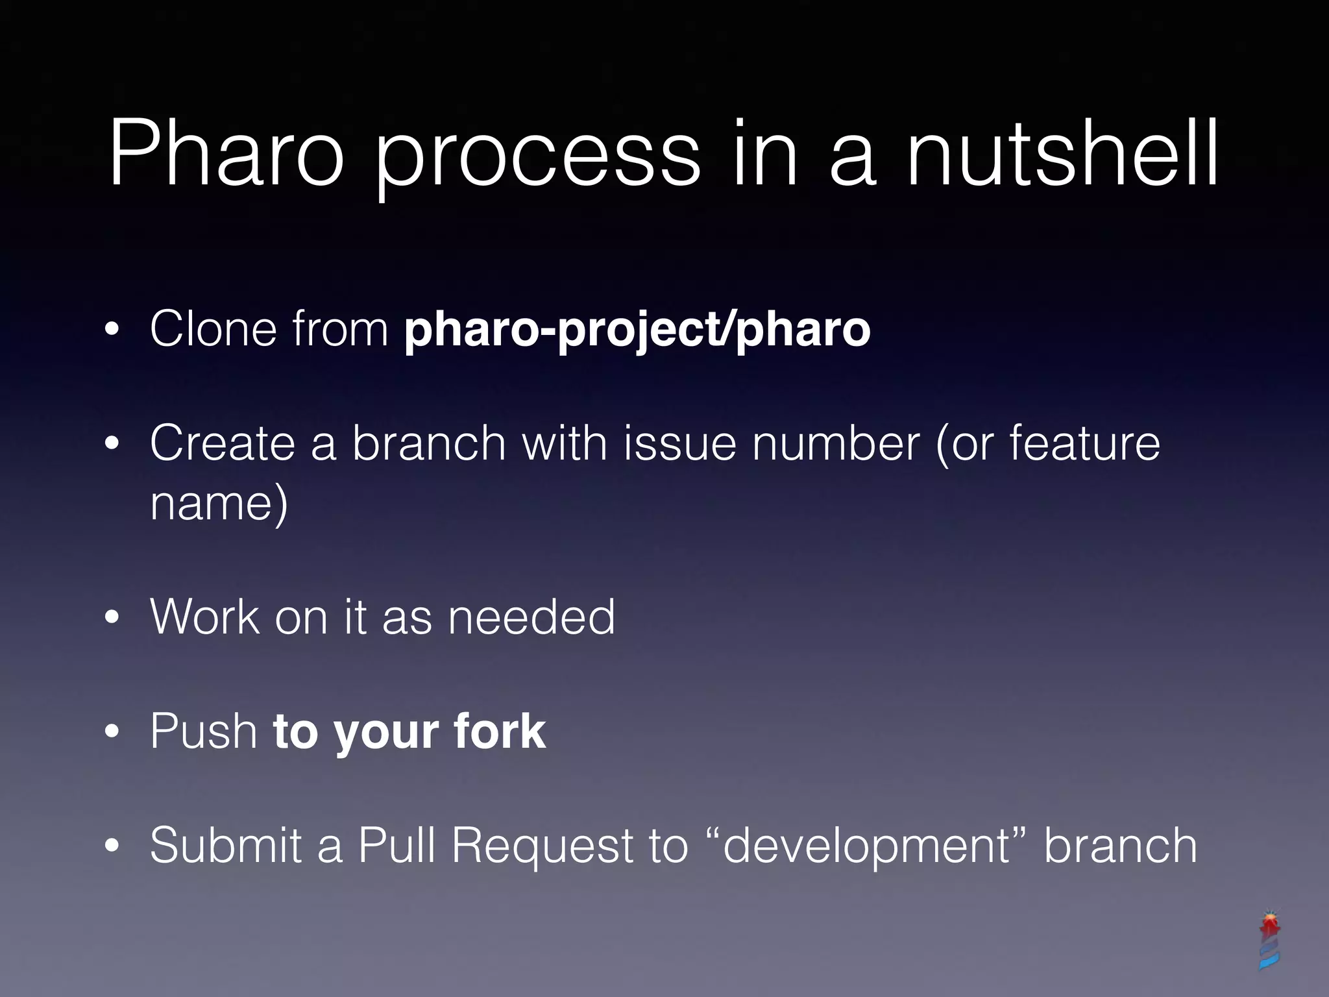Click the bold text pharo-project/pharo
(637, 330)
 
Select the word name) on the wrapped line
(219, 503)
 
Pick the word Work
(204, 617)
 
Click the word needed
(531, 617)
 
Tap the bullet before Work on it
(112, 618)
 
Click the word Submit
(226, 845)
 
